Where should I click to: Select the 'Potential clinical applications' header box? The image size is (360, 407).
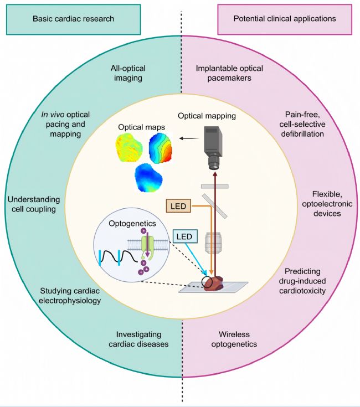[x=277, y=18]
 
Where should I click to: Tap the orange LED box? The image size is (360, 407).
[x=178, y=206]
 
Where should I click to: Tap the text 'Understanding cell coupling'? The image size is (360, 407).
[x=33, y=205]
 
